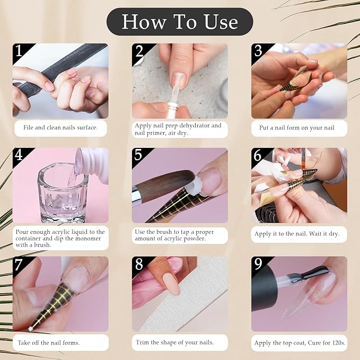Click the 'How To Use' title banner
[x=180, y=22]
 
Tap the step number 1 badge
[x=19, y=51]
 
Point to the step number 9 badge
[x=258, y=264]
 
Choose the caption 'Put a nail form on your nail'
[x=299, y=128]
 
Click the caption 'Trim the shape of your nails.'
[x=175, y=343]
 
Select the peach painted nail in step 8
[x=169, y=280]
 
